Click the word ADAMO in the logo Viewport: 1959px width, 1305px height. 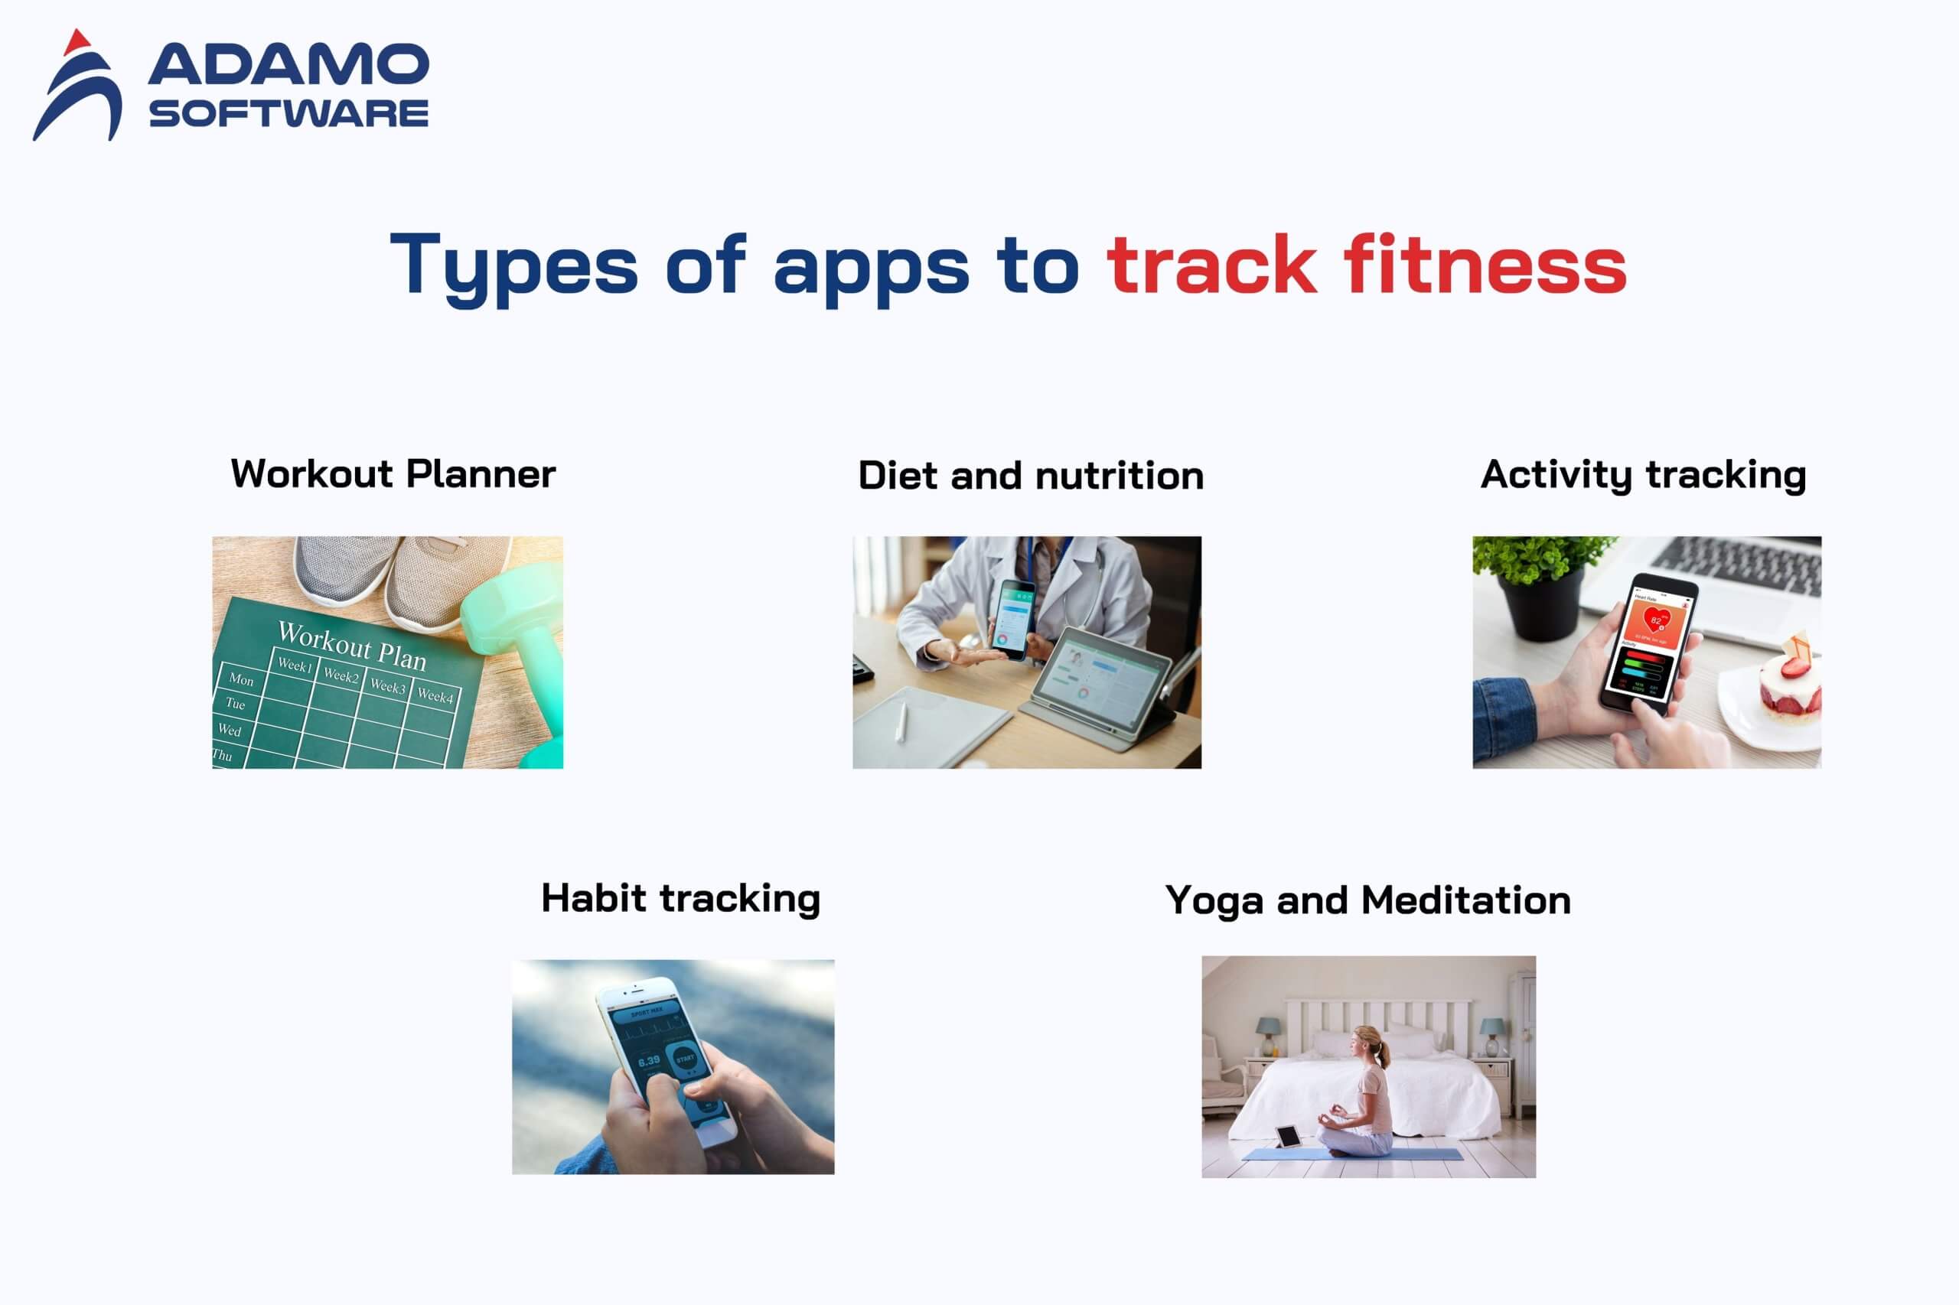point(288,65)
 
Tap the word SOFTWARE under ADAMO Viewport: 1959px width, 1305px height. point(288,113)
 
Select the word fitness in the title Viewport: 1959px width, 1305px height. point(1484,265)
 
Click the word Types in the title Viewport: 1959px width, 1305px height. point(513,265)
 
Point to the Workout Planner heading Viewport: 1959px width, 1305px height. point(393,474)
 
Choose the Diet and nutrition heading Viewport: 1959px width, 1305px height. point(1031,476)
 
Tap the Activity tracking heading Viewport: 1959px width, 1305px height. point(1643,474)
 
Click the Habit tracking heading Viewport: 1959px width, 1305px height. point(680,899)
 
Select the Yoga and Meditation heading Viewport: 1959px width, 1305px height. point(1368,900)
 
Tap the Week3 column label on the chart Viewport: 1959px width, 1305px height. point(388,686)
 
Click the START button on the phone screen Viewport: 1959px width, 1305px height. point(685,1059)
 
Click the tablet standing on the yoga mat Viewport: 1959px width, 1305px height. point(1289,1137)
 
